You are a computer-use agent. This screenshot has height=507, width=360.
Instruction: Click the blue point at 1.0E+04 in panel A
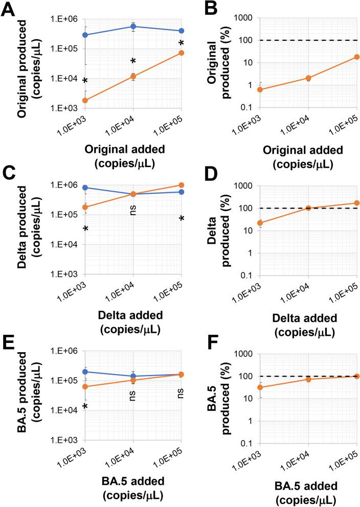pos(133,26)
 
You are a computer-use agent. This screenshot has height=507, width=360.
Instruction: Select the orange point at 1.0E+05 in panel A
pos(182,53)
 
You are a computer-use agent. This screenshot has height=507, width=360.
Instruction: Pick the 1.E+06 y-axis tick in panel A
pos(65,19)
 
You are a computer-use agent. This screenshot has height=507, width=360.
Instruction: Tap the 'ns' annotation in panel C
pos(133,208)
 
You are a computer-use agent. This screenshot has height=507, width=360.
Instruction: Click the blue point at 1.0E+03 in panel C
pos(85,188)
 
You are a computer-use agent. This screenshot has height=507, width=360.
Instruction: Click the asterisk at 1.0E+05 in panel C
pos(182,219)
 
